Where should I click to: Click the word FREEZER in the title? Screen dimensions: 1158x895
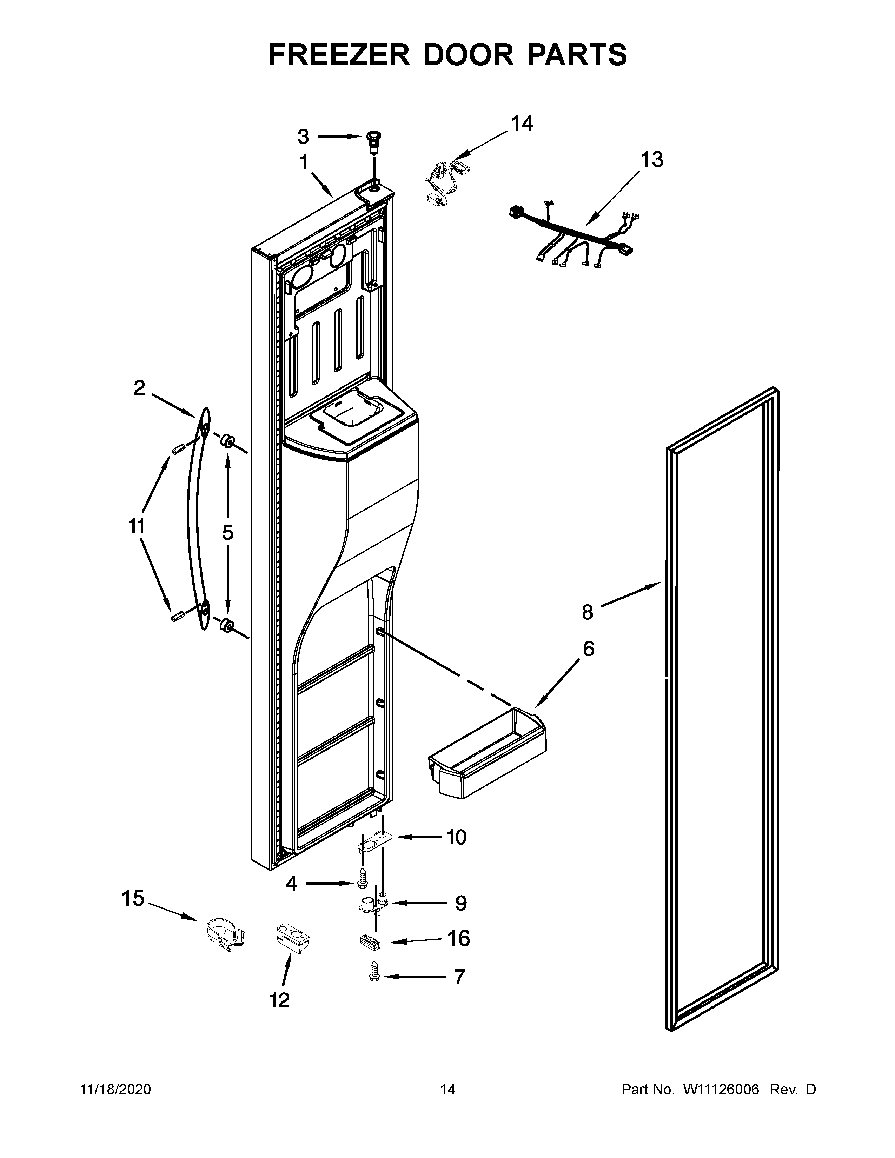click(x=339, y=55)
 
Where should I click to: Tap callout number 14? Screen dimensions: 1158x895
click(x=522, y=124)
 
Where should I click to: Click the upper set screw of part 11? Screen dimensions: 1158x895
click(x=177, y=450)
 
